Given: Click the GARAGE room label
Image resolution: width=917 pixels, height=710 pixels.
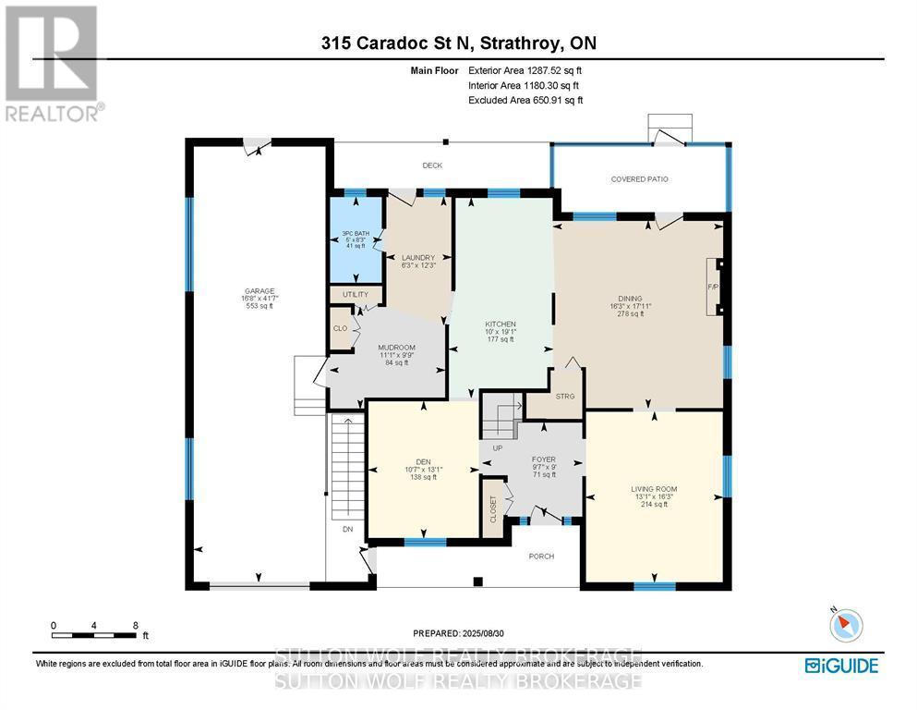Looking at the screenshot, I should pyautogui.click(x=259, y=291).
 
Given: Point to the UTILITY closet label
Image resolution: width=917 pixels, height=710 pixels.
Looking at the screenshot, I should pyautogui.click(x=356, y=295).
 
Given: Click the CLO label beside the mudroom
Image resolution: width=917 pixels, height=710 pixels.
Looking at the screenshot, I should pyautogui.click(x=340, y=328).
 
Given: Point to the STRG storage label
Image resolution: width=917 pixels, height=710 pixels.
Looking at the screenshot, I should pyautogui.click(x=566, y=397).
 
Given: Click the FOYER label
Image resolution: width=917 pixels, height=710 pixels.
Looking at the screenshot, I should pyautogui.click(x=542, y=459).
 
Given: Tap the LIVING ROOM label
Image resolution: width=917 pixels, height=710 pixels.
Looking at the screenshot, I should pyautogui.click(x=654, y=489).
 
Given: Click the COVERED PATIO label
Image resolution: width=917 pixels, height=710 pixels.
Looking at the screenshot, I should pyautogui.click(x=639, y=178).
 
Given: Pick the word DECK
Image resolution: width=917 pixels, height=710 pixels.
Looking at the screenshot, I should pyautogui.click(x=432, y=165).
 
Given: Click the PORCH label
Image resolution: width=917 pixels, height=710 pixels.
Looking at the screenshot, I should pyautogui.click(x=540, y=557).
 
